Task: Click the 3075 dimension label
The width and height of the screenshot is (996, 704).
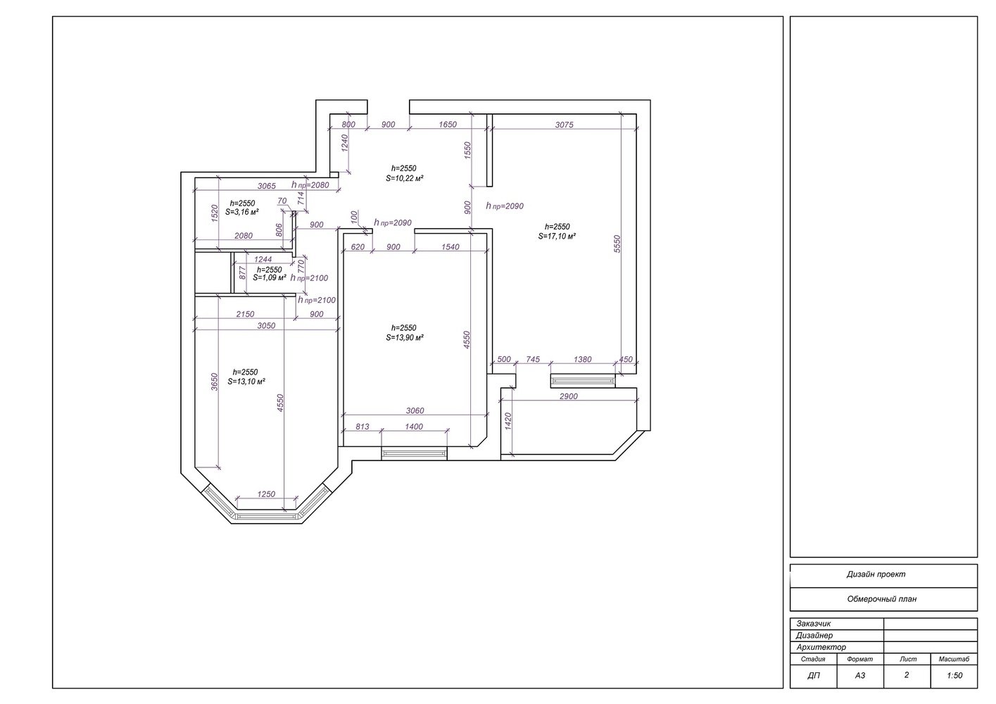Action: [564, 125]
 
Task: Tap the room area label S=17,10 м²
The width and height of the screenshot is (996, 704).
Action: [557, 237]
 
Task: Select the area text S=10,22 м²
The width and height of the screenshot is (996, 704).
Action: [404, 178]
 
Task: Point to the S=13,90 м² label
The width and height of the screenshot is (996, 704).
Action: [404, 338]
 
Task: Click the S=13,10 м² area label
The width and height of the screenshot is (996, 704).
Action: [246, 382]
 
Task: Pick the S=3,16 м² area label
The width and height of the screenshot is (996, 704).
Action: [242, 213]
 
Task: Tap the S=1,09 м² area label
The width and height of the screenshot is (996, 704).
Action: [270, 278]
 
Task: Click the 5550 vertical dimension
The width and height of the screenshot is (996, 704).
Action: [617, 244]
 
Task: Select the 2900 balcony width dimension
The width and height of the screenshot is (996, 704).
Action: [568, 396]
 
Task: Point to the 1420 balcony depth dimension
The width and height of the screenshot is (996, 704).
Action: [509, 421]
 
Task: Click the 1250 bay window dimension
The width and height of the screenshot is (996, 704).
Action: [266, 494]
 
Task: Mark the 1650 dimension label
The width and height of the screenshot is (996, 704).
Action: [447, 125]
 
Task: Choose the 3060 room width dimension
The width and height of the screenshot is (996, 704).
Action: [415, 410]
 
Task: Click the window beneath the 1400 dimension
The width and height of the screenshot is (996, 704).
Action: [415, 453]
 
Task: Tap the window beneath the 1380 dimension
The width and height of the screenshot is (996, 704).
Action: [583, 381]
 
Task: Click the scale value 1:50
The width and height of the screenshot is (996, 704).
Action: [954, 676]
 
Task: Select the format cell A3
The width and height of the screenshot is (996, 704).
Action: [860, 676]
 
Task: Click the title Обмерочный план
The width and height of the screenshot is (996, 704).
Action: [882, 599]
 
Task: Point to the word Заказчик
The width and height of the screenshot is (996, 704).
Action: [813, 624]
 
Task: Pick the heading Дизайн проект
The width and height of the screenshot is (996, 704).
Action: [876, 574]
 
